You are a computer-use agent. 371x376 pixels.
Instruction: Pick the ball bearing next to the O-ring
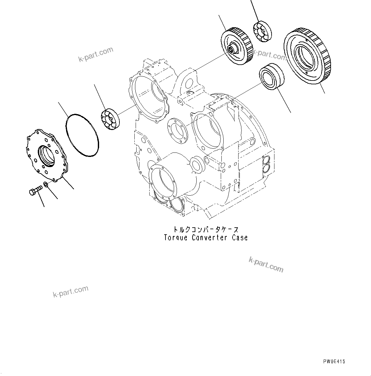110,119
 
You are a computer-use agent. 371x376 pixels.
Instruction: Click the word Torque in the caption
176,237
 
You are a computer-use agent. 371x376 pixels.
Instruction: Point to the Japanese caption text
206,229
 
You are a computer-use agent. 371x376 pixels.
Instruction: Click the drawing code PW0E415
334,361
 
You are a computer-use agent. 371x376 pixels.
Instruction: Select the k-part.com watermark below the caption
266,265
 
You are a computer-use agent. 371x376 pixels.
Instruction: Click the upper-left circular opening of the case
149,95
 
